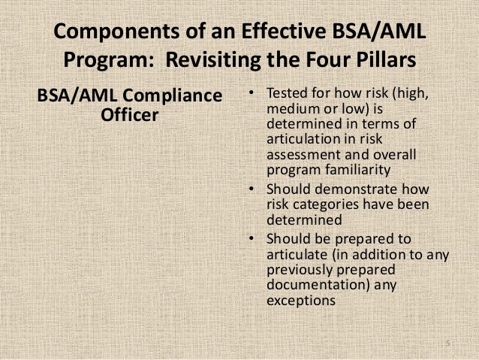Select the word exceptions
pyautogui.click(x=299, y=300)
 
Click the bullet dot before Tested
pyautogui.click(x=252, y=94)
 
